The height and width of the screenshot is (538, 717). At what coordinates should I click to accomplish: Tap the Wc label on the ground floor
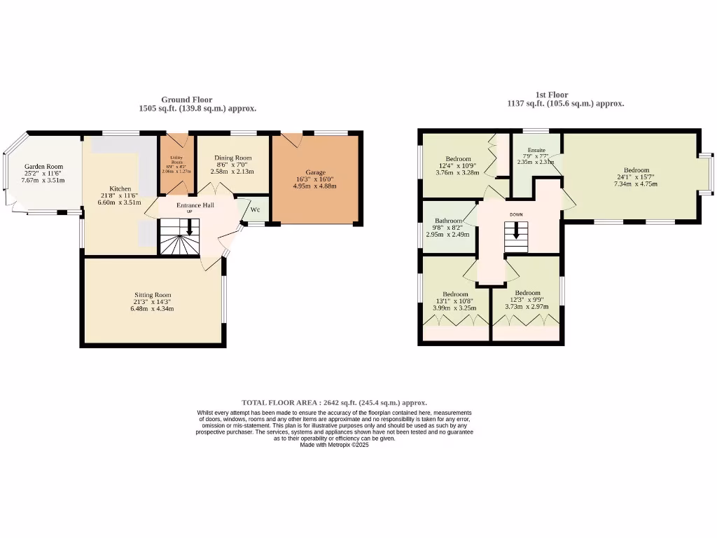tap(256, 209)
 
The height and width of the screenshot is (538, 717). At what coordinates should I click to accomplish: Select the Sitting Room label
tap(153, 295)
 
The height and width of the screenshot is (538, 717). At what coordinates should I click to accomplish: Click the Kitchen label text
tap(120, 188)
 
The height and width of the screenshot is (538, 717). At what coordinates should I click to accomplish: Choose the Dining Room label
tap(232, 158)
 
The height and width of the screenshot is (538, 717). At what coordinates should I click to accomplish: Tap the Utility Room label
tap(176, 158)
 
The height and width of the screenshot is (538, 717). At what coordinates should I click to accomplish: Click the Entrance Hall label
tap(195, 205)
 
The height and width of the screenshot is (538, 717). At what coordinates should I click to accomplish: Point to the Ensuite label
tap(536, 150)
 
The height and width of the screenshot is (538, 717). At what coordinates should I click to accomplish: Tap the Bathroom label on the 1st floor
tap(449, 221)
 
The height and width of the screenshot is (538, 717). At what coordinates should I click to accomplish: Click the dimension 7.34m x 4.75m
tap(636, 184)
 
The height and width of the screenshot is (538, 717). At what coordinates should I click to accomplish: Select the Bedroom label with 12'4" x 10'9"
tap(458, 158)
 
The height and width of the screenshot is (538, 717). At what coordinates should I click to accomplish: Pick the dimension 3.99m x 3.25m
tap(455, 307)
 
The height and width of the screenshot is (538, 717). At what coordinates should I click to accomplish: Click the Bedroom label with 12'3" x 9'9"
tap(527, 293)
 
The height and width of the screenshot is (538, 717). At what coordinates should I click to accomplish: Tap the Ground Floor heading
tap(186, 99)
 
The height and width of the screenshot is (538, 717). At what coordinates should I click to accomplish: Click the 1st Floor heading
tap(552, 95)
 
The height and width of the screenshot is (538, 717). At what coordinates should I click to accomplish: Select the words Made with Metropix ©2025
tap(334, 445)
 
